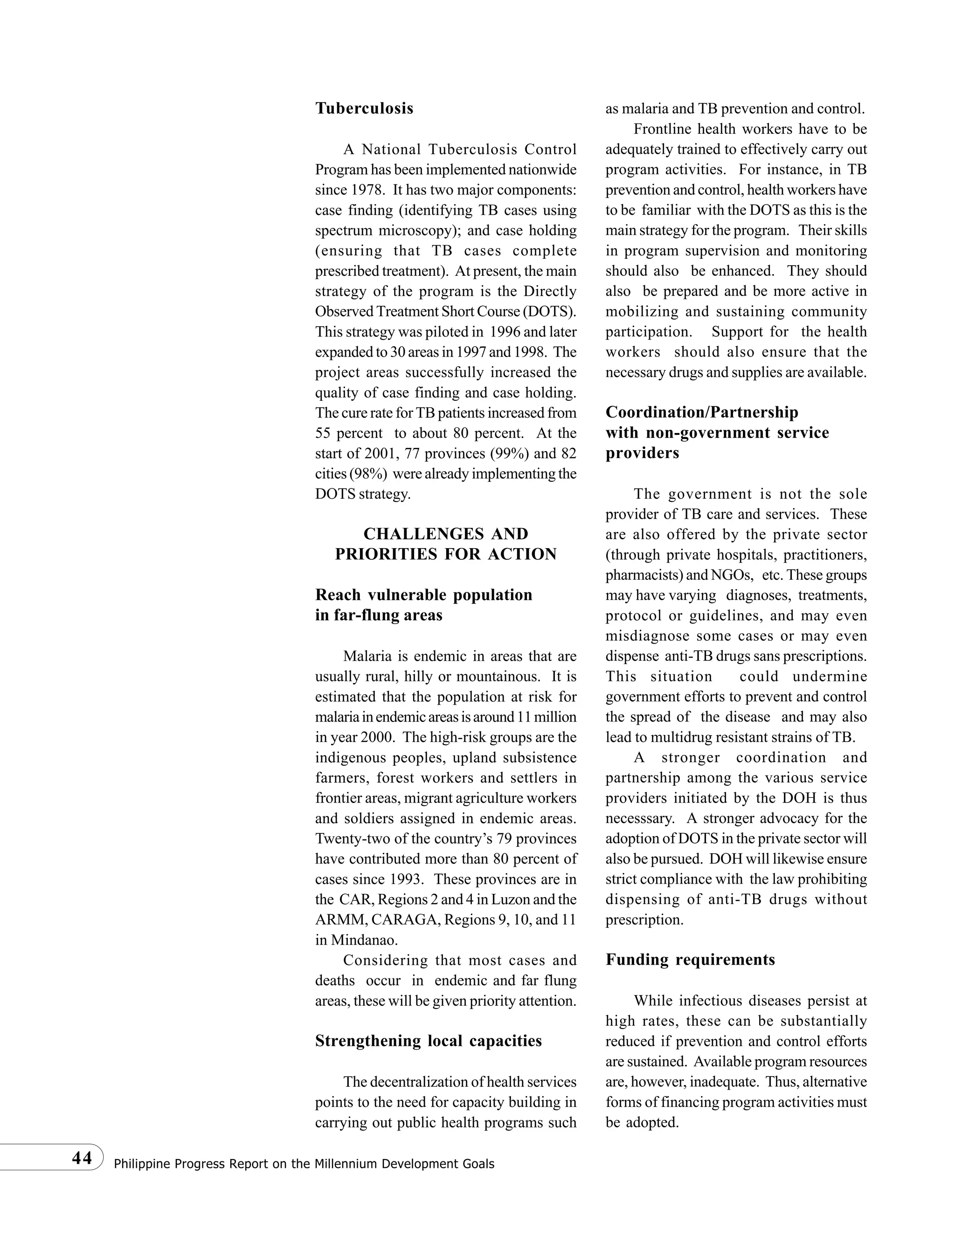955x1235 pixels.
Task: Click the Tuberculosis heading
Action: [364, 109]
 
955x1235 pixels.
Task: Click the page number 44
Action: [82, 1158]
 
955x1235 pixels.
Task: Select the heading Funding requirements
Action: [690, 960]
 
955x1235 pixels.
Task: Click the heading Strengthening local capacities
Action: [428, 1041]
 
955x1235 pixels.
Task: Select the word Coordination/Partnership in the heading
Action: [701, 412]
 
